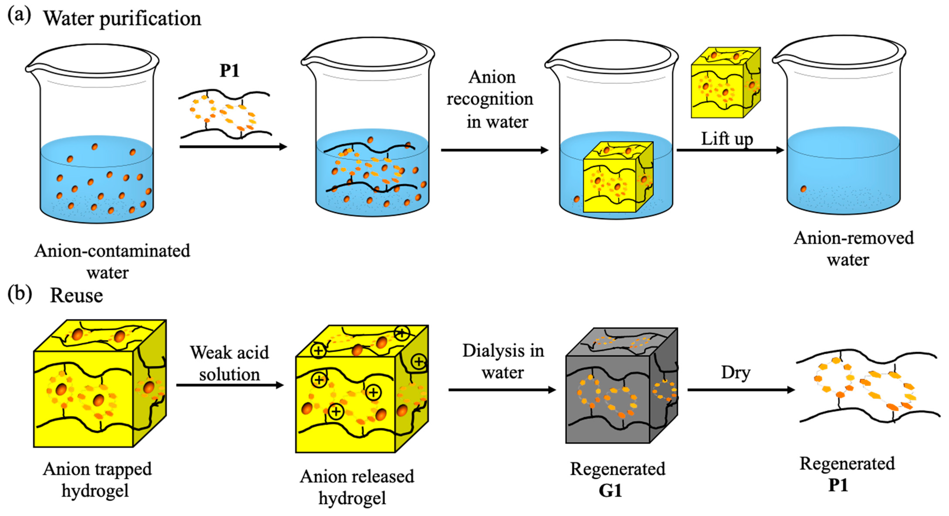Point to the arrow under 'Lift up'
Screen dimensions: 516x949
pyautogui.click(x=730, y=150)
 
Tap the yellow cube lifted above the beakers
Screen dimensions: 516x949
pyautogui.click(x=725, y=83)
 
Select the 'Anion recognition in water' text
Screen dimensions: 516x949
pyautogui.click(x=490, y=100)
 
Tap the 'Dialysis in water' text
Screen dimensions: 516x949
pyautogui.click(x=503, y=361)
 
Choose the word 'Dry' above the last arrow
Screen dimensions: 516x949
pyautogui.click(x=735, y=372)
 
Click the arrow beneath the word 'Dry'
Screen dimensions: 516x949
pyautogui.click(x=740, y=389)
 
